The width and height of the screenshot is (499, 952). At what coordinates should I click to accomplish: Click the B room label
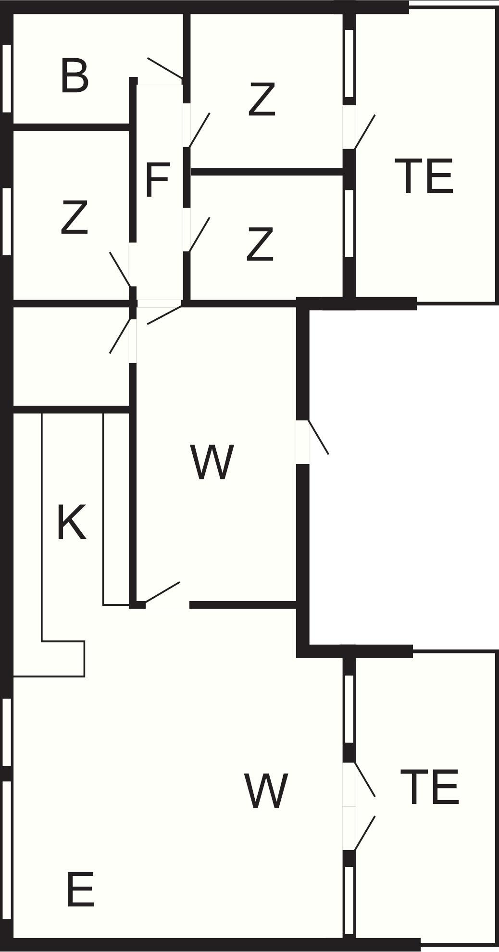click(x=75, y=75)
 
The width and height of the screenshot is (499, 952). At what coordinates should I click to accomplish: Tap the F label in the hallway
click(x=157, y=180)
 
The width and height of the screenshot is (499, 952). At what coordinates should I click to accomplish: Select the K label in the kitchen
click(x=72, y=523)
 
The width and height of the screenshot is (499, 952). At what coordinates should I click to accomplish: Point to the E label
click(x=80, y=889)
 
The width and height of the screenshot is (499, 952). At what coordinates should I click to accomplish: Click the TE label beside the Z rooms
click(x=424, y=176)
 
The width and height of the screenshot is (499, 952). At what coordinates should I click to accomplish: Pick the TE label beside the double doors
click(x=429, y=787)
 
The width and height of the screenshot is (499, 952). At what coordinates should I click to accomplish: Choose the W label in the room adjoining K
click(x=212, y=462)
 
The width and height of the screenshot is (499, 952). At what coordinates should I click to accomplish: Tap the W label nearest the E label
click(x=266, y=791)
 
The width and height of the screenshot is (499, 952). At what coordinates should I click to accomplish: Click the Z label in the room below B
click(x=74, y=218)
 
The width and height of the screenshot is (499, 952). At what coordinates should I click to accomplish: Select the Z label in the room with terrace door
click(x=262, y=100)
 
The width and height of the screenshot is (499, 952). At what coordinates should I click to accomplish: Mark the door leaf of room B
click(x=165, y=68)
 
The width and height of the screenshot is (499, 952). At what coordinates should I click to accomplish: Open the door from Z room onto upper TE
click(x=364, y=132)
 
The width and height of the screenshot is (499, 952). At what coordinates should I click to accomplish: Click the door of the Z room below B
click(x=120, y=269)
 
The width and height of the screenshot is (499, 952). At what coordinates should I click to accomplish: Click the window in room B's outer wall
click(x=6, y=78)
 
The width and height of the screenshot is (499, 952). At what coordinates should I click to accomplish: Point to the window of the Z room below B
click(x=6, y=221)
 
